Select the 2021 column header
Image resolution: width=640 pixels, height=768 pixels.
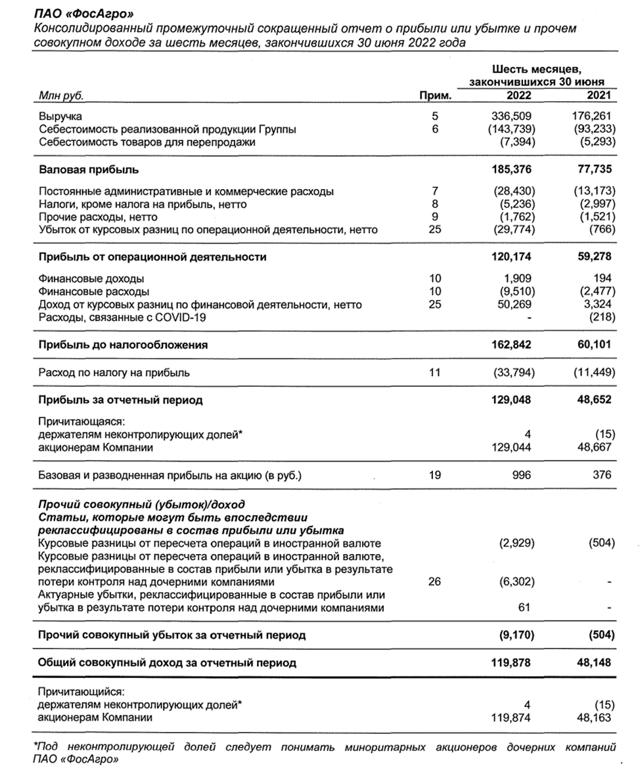click(x=599, y=96)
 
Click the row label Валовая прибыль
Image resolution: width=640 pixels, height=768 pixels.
click(x=89, y=170)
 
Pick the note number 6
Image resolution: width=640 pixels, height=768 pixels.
click(x=434, y=129)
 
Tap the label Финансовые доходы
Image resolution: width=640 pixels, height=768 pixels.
click(x=91, y=278)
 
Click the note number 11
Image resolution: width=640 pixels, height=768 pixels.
click(x=434, y=373)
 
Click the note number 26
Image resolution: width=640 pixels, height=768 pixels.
click(x=434, y=582)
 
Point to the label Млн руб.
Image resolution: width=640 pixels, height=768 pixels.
click(x=62, y=96)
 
